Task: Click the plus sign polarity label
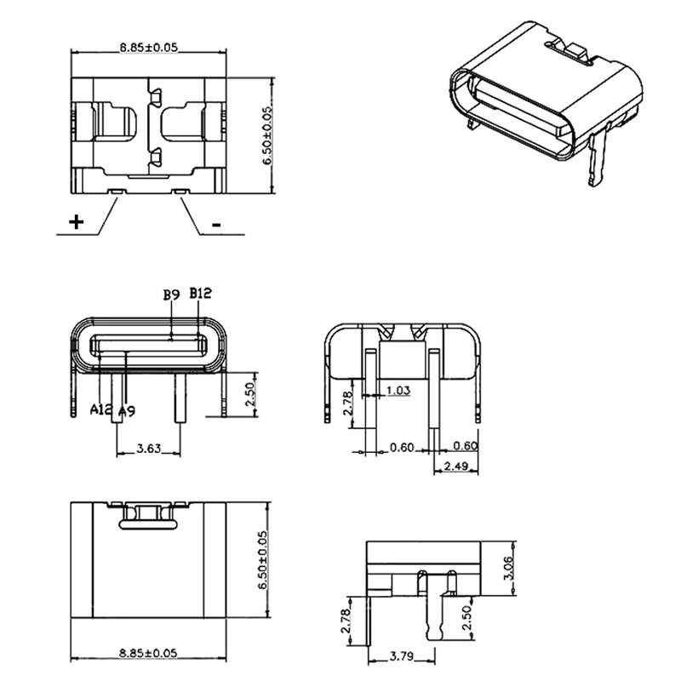click(x=77, y=223)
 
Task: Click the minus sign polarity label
click(x=216, y=225)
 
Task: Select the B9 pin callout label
click(x=171, y=295)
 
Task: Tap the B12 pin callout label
click(x=201, y=294)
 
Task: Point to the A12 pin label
click(x=102, y=410)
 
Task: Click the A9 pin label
click(x=126, y=411)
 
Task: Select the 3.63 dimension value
click(x=149, y=448)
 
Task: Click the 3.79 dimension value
click(x=403, y=656)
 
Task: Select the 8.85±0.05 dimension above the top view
click(x=148, y=49)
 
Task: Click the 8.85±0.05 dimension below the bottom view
click(x=148, y=652)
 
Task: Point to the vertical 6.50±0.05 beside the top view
click(x=268, y=136)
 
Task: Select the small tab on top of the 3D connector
click(x=580, y=52)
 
